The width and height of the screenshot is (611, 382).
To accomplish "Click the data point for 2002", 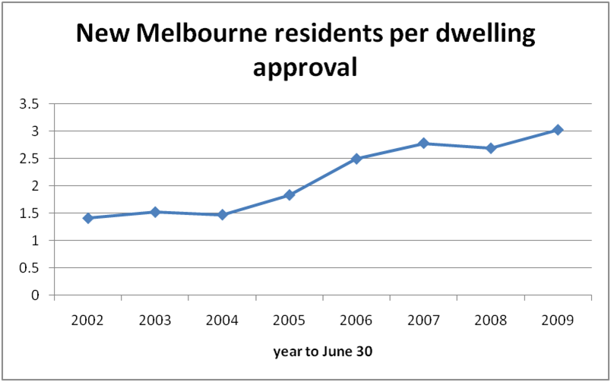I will tap(88, 218).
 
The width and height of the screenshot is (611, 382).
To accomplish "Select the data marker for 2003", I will tap(155, 212).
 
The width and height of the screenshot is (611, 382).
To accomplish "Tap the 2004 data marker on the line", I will tap(222, 215).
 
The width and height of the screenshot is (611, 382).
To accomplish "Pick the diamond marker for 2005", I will tap(289, 195).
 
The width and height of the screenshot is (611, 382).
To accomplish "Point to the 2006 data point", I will tap(356, 159).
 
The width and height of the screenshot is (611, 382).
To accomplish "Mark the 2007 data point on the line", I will tap(423, 144).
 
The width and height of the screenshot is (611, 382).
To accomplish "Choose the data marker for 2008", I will tap(490, 148).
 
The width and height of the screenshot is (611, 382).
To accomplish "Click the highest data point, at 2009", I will tap(557, 130).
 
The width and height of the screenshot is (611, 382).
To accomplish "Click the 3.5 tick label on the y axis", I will tap(30, 104).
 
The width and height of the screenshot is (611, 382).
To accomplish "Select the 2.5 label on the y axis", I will tap(30, 159).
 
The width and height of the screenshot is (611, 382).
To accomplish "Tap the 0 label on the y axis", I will tap(36, 295).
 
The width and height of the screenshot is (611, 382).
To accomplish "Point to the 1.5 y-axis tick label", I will tap(30, 213).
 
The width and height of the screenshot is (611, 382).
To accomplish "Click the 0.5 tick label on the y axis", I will tap(30, 268).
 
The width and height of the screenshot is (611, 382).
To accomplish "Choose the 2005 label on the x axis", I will tap(289, 320).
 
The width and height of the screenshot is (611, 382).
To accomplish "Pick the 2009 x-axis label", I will tap(557, 320).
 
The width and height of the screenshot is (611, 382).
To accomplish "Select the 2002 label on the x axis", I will tap(88, 320).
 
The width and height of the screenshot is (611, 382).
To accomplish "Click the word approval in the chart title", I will tap(304, 68).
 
